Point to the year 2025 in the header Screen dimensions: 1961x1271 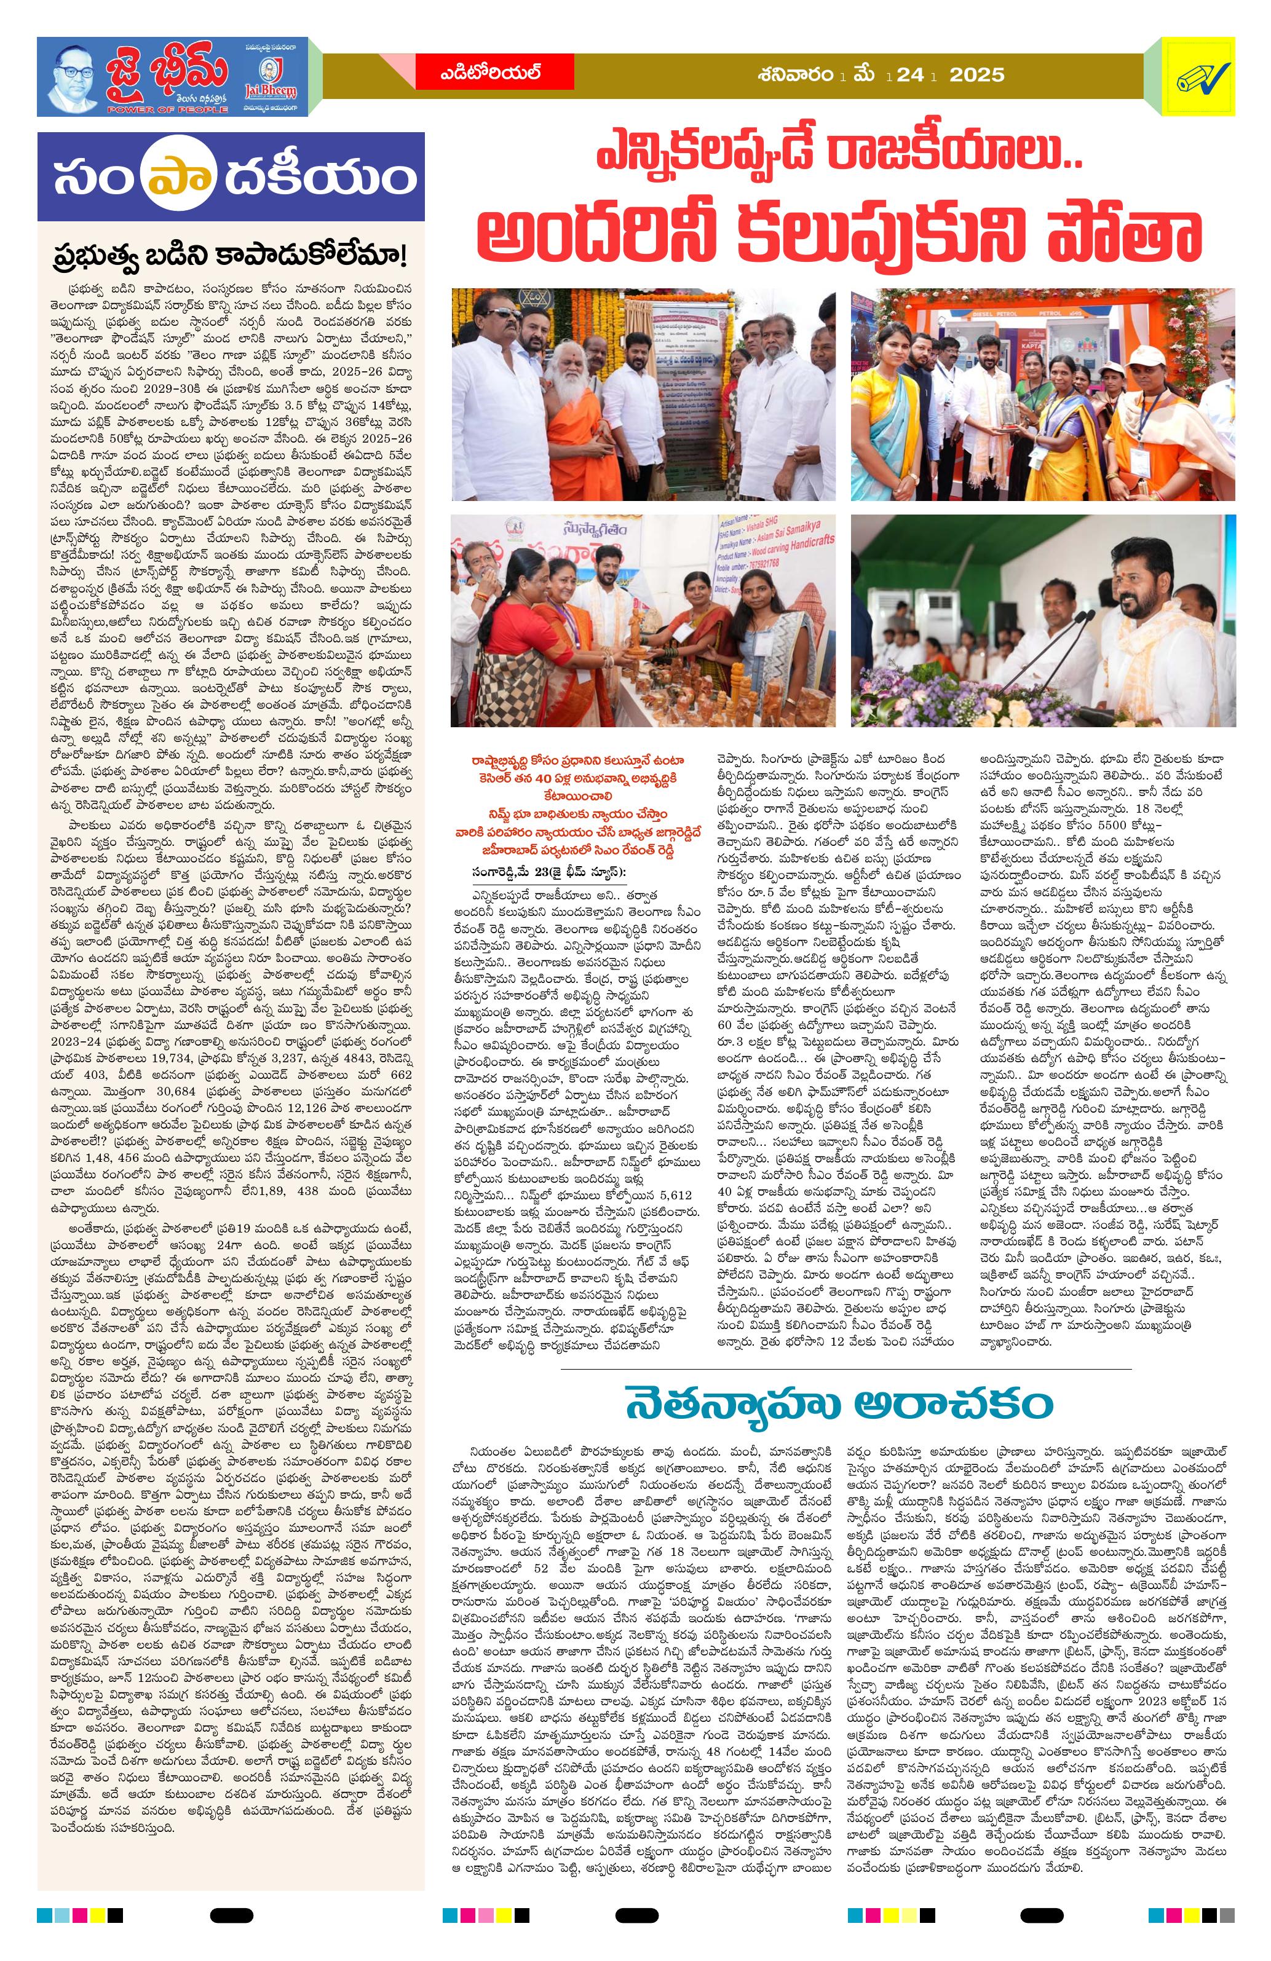(x=976, y=75)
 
